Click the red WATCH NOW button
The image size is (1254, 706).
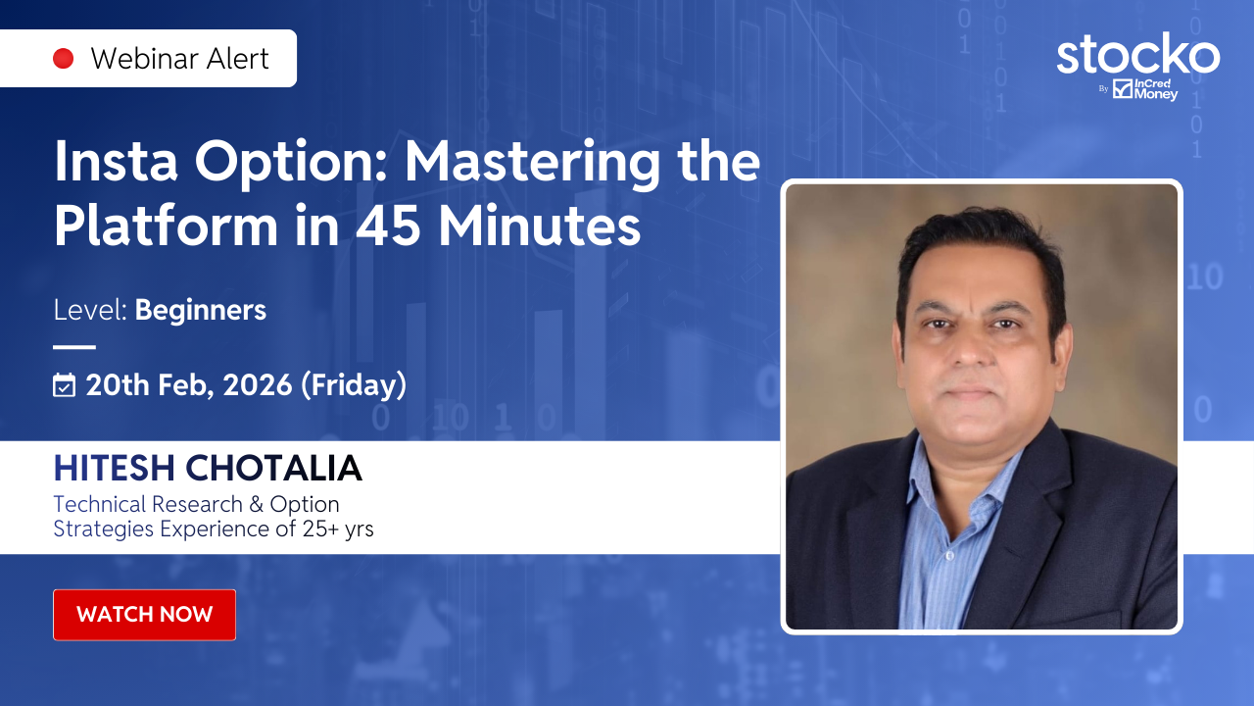(144, 615)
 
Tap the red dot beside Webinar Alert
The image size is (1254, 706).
(64, 58)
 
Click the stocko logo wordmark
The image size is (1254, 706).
(1137, 54)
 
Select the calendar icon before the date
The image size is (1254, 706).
(64, 385)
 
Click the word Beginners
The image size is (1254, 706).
(201, 310)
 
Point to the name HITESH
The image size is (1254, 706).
(115, 468)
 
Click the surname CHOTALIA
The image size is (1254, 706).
(273, 468)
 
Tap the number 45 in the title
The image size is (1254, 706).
(387, 227)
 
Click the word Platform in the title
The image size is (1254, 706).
(166, 226)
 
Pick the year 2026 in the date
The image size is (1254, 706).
(258, 385)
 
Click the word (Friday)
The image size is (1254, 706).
(354, 385)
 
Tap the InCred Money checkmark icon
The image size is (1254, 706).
(1123, 88)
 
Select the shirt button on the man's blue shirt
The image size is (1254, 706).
(949, 556)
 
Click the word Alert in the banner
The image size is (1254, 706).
(237, 59)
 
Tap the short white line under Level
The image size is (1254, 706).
(74, 347)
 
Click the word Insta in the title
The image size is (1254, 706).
(116, 162)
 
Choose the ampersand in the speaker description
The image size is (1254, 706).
(257, 504)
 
